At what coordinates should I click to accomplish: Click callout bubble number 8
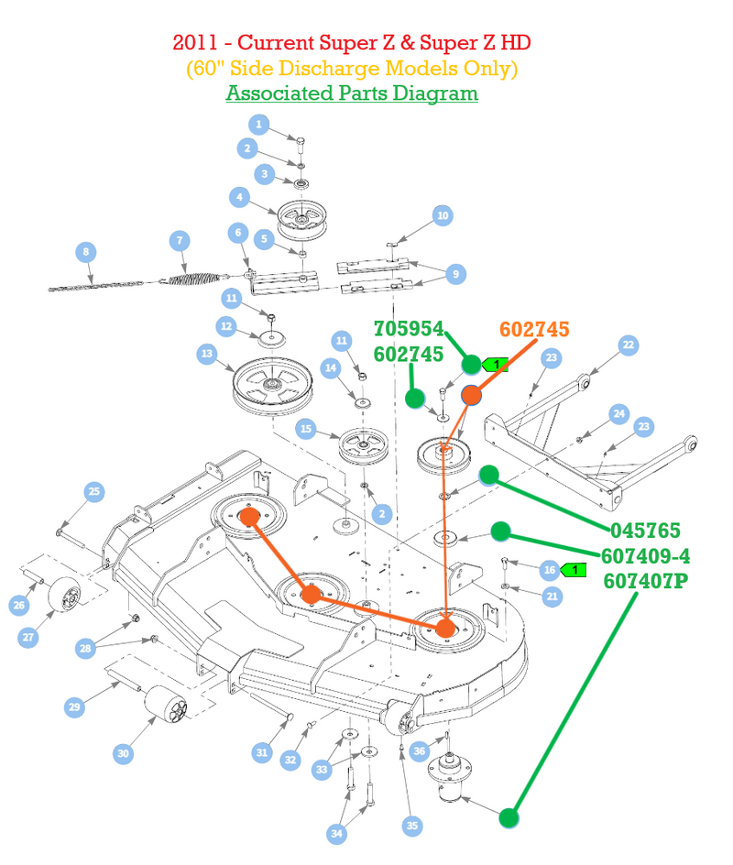tap(85, 252)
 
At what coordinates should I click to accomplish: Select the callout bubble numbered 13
tap(207, 354)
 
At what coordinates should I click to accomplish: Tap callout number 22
tap(629, 345)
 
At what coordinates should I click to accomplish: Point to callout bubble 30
tap(123, 753)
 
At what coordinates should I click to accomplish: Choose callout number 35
tap(412, 826)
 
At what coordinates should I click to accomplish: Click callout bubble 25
tap(94, 491)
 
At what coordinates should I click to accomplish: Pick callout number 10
tap(443, 215)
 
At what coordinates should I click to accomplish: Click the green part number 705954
tap(409, 329)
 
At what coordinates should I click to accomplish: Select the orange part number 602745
tap(534, 329)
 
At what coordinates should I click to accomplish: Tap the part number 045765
tap(645, 531)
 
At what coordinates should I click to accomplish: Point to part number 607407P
tap(646, 582)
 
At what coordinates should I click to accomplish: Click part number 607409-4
tap(645, 556)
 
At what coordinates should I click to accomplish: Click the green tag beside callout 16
tap(573, 570)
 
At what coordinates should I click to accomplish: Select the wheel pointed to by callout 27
tap(64, 594)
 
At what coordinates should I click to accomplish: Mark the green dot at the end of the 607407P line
tap(509, 817)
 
